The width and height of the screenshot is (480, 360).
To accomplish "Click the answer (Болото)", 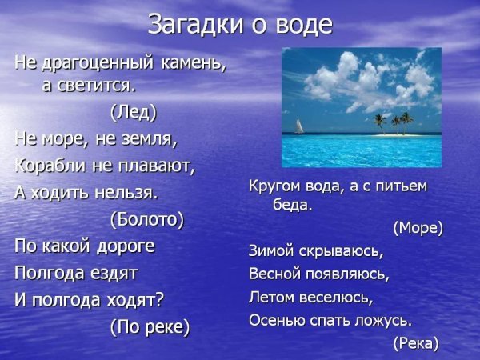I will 146,219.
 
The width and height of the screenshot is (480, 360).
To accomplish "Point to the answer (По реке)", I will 150,326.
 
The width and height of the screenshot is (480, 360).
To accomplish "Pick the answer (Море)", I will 418,228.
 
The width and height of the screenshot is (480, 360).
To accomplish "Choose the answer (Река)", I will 417,343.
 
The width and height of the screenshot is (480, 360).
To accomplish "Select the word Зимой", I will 271,251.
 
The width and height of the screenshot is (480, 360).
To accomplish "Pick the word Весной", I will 274,274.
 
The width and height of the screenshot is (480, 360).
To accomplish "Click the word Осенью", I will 276,320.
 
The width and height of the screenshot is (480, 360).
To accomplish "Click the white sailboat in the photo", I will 299,126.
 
